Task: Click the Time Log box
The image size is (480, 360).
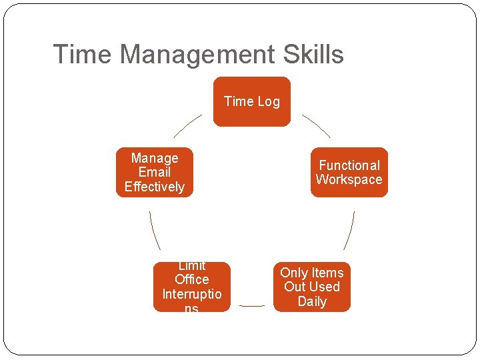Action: tap(251, 101)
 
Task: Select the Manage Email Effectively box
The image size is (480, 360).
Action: tap(154, 172)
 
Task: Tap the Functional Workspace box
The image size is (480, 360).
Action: tap(349, 172)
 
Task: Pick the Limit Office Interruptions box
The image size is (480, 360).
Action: tap(191, 287)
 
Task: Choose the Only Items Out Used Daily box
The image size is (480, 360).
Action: tap(311, 287)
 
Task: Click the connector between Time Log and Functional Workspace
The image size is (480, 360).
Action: tap(316, 125)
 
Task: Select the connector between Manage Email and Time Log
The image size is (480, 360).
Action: tap(187, 125)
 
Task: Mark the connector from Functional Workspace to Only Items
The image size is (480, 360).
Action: tap(349, 231)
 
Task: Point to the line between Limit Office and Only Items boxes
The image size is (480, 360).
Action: tap(251, 306)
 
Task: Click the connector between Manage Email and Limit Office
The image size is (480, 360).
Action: tap(155, 230)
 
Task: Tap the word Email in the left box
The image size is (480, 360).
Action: tap(155, 172)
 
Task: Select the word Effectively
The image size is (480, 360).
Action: tap(154, 187)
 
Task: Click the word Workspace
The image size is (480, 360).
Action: tap(349, 179)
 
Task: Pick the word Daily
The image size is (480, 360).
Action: tap(312, 301)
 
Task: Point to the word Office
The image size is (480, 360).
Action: tap(191, 279)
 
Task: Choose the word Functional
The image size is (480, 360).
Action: tap(349, 165)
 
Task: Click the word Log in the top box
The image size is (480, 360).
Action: tap(268, 101)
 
